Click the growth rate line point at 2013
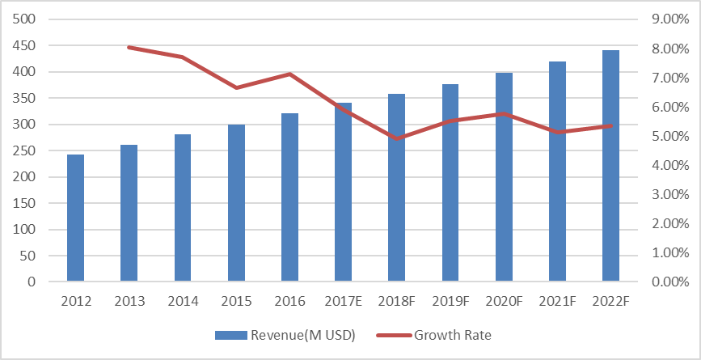129,48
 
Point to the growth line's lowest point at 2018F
397,138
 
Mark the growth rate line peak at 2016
289,74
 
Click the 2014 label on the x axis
183,302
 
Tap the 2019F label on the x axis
450,302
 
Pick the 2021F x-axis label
557,302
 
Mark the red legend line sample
394,335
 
